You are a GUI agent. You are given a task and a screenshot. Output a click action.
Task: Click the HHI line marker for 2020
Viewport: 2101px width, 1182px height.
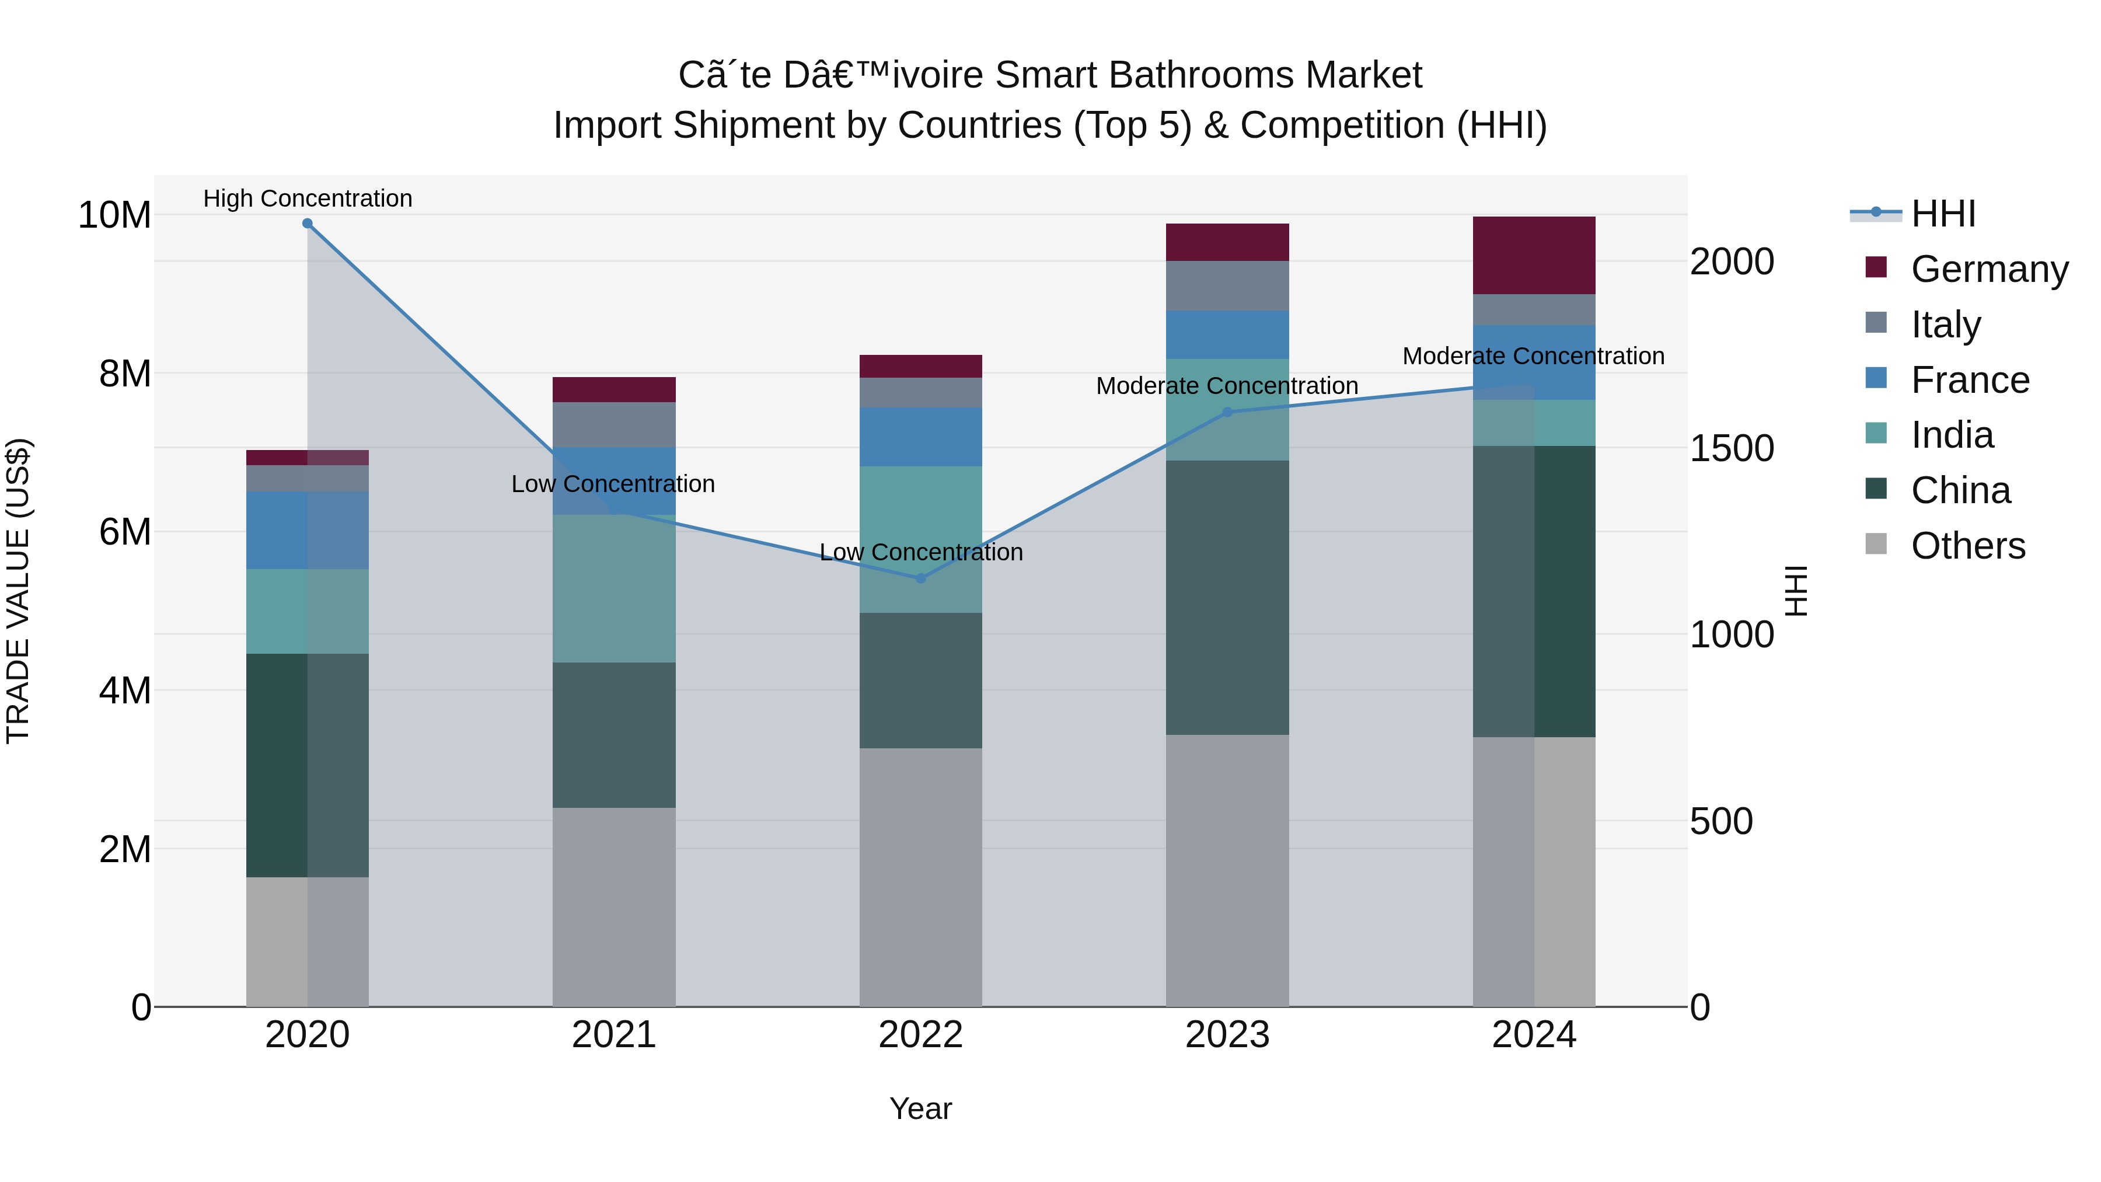coord(308,224)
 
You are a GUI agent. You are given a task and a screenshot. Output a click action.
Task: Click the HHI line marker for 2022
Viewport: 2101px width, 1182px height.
coord(921,578)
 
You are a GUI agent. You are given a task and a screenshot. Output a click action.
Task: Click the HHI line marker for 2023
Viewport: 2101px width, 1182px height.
coord(1227,412)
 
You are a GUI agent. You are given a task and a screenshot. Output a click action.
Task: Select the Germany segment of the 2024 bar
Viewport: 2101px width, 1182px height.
coord(1534,255)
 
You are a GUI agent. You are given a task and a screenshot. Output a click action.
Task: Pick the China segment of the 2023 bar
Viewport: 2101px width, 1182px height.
coord(1227,597)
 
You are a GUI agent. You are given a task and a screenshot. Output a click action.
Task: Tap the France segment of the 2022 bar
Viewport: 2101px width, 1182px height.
coord(921,437)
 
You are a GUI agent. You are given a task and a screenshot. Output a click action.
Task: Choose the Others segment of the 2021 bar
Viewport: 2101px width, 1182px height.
coord(614,906)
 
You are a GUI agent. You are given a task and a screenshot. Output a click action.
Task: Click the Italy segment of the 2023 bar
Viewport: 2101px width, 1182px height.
coord(1227,285)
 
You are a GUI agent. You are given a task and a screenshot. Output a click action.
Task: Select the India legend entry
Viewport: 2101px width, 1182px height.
coord(1952,435)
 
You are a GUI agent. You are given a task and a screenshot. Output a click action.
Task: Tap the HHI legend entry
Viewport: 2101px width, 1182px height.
coord(1943,214)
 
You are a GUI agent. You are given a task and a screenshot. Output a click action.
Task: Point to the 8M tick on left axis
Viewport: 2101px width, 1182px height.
coord(125,374)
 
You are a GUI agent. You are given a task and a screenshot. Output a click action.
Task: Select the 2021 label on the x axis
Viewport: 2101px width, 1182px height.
coord(614,1035)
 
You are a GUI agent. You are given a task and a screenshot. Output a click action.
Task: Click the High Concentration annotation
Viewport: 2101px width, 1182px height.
coord(308,198)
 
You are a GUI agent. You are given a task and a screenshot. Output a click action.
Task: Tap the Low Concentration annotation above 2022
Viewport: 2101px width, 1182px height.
coord(921,552)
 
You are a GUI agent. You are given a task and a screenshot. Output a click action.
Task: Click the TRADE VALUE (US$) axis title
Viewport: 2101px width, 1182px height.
coord(18,591)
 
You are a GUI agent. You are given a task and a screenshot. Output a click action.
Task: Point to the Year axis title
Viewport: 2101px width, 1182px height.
coord(921,1108)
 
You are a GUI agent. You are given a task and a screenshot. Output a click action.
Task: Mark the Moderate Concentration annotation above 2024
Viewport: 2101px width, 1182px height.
coord(1533,357)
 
